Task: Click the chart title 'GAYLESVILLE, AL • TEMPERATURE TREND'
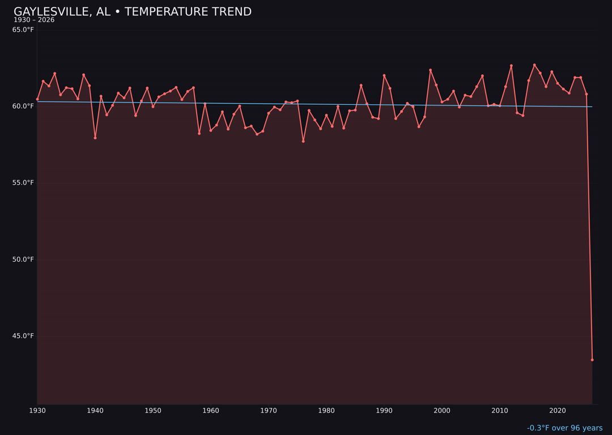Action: [x=133, y=12]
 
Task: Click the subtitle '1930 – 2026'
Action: [x=34, y=20]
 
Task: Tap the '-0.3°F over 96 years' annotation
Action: [x=564, y=428]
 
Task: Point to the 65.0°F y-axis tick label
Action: [x=23, y=29]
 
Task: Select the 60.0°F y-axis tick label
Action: [x=23, y=106]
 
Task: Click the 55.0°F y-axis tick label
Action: [x=23, y=183]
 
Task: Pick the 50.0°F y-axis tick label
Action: [x=23, y=259]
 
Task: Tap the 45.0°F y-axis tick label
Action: [x=23, y=336]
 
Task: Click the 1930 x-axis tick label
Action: [x=37, y=411]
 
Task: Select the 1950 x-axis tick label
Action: [x=153, y=411]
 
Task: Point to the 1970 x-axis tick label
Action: [x=269, y=411]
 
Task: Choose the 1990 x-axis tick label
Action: [x=384, y=411]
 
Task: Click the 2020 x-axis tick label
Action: [x=558, y=411]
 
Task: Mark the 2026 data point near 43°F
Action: [x=592, y=360]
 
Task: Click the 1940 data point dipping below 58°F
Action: [x=95, y=138]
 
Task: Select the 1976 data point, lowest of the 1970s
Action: [x=303, y=141]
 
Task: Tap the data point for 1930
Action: [x=37, y=99]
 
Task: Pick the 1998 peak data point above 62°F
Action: [x=430, y=70]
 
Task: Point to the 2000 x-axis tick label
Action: [x=442, y=411]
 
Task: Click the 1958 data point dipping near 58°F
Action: [x=199, y=133]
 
